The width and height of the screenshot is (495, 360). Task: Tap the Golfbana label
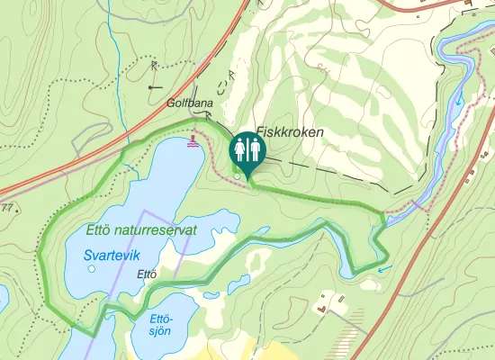(x=190, y=103)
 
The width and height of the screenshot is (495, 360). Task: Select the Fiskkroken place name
(x=290, y=131)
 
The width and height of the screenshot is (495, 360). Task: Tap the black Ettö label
(x=147, y=274)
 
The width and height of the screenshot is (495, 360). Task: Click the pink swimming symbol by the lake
(x=192, y=142)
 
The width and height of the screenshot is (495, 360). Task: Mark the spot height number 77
(x=7, y=209)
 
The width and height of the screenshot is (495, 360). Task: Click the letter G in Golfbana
(x=170, y=103)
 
